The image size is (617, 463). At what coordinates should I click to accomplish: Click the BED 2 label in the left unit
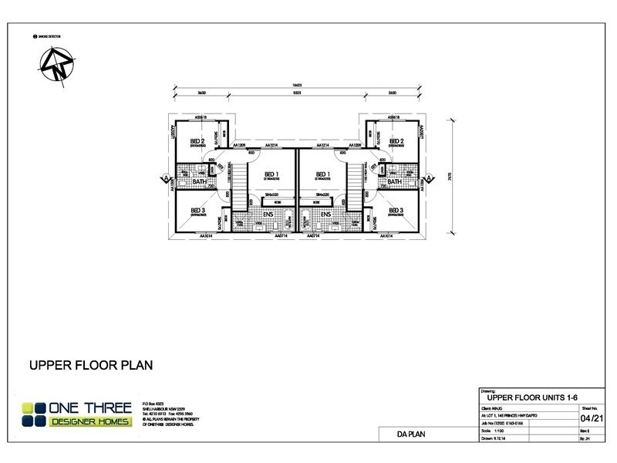(197, 142)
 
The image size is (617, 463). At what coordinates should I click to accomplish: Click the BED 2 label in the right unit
(396, 142)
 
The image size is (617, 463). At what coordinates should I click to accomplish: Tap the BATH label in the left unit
(199, 182)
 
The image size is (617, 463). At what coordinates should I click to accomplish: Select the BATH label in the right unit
(396, 182)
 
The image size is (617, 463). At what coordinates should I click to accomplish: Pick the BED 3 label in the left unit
(197, 210)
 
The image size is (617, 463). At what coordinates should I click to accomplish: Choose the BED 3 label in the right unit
(396, 210)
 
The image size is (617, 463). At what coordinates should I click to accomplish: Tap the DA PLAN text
(406, 438)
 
